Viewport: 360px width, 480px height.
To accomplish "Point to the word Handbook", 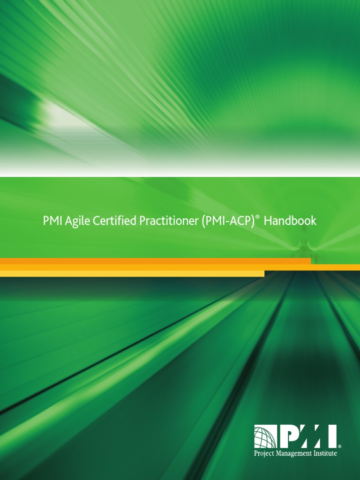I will pos(290,221).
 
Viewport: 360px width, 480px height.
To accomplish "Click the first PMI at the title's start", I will pos(52,221).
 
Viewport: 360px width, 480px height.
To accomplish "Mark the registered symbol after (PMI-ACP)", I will pos(257,217).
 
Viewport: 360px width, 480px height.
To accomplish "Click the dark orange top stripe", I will pos(155,261).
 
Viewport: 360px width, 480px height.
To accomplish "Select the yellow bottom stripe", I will pos(131,274).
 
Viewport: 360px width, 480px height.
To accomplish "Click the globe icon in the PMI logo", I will pos(265,437).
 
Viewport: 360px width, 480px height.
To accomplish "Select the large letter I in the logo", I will pos(331,437).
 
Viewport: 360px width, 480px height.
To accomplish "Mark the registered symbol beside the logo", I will pos(339,447).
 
